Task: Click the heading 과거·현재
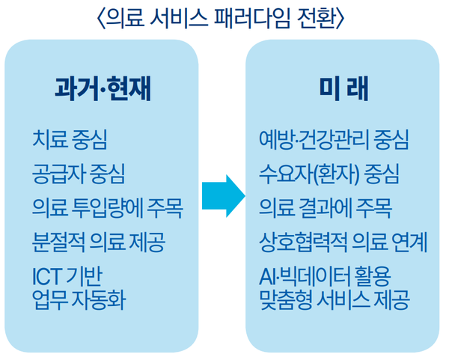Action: pyautogui.click(x=103, y=89)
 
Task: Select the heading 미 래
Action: pyautogui.click(x=342, y=89)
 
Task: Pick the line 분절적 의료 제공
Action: pyautogui.click(x=99, y=242)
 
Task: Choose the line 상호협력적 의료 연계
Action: pyautogui.click(x=342, y=242)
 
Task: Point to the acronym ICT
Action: pyautogui.click(x=47, y=273)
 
